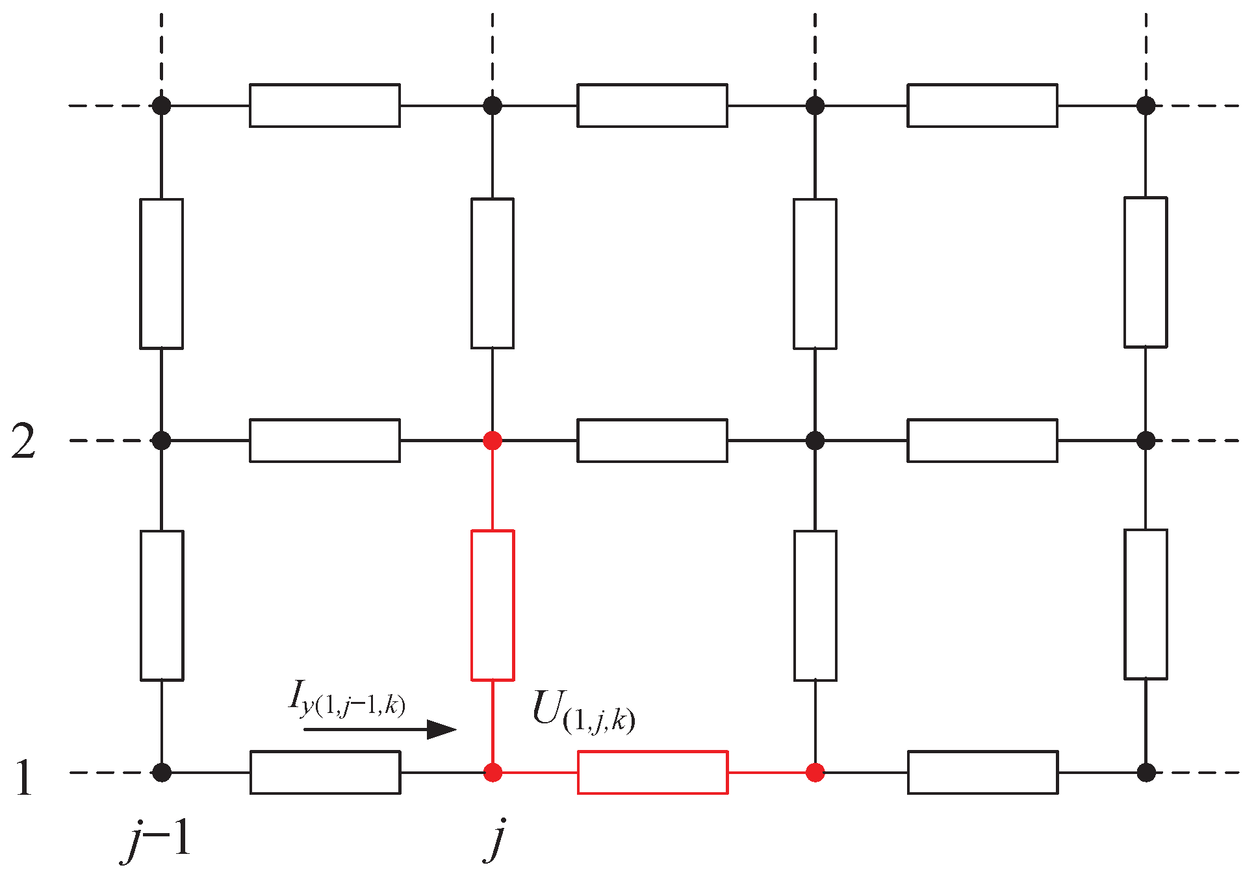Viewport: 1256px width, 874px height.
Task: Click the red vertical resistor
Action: [x=493, y=605]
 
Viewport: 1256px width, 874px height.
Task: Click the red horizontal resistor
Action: [x=652, y=772]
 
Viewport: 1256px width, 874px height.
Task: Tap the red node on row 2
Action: [x=493, y=441]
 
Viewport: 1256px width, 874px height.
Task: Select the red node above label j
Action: [x=493, y=773]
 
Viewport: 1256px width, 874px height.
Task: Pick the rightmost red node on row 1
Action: [x=815, y=773]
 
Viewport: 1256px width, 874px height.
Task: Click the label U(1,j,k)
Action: [x=583, y=712]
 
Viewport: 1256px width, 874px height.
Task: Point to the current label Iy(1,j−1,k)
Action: [x=347, y=699]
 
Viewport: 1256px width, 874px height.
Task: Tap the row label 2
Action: [x=23, y=443]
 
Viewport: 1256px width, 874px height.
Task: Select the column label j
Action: [x=495, y=840]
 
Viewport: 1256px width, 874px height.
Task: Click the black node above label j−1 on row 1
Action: [x=161, y=773]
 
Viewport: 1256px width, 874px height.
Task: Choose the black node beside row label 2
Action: [x=161, y=441]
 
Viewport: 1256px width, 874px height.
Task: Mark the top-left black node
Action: [x=161, y=105]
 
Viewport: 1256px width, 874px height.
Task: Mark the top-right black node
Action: [x=1146, y=105]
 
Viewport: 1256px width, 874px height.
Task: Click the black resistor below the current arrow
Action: [x=325, y=772]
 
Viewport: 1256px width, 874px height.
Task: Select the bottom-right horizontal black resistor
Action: [x=982, y=772]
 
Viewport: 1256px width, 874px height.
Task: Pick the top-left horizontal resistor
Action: [x=325, y=105]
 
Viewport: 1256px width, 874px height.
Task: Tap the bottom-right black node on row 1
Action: [x=1146, y=773]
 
